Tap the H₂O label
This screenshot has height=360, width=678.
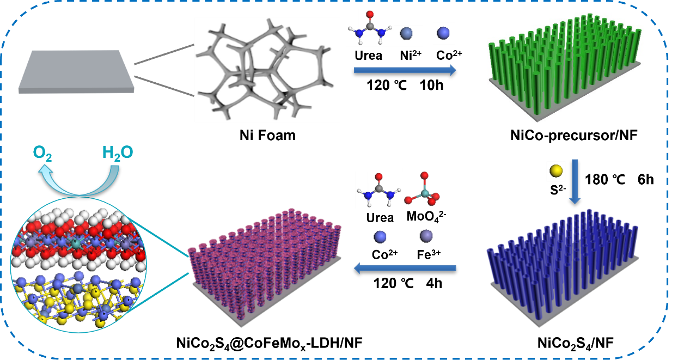click(117, 152)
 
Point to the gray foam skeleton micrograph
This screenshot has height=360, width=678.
click(267, 70)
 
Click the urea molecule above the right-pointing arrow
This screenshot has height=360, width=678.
click(370, 27)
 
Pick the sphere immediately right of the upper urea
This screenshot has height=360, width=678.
click(406, 34)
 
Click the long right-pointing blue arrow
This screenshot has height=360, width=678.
click(405, 70)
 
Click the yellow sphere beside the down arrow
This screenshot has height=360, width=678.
click(555, 171)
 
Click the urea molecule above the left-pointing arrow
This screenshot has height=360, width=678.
click(378, 190)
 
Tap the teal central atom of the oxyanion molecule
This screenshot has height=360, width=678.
click(423, 192)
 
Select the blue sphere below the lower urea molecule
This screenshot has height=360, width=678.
click(380, 237)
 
